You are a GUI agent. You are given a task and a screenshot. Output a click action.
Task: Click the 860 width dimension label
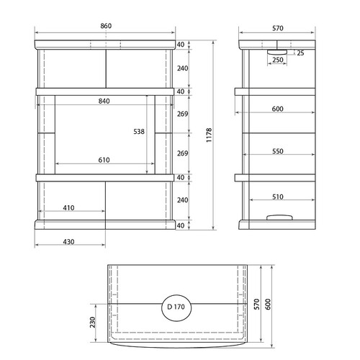pyautogui.click(x=106, y=26)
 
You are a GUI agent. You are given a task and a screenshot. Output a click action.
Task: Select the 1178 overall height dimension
pyautogui.click(x=209, y=135)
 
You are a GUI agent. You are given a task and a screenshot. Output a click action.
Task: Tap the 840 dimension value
pyautogui.click(x=104, y=101)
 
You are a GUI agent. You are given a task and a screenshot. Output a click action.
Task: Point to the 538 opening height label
pyautogui.click(x=139, y=132)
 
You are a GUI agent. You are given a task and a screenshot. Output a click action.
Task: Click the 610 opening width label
pyautogui.click(x=104, y=160)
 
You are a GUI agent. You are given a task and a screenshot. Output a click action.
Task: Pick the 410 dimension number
pyautogui.click(x=68, y=208)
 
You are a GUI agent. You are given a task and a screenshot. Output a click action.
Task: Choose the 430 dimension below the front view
pyautogui.click(x=68, y=242)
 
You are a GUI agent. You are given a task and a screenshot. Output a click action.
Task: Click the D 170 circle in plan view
pyautogui.click(x=176, y=295)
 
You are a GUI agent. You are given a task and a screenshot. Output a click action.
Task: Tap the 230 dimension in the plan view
pyautogui.click(x=93, y=323)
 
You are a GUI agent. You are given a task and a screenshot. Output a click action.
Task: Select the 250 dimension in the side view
pyautogui.click(x=278, y=60)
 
